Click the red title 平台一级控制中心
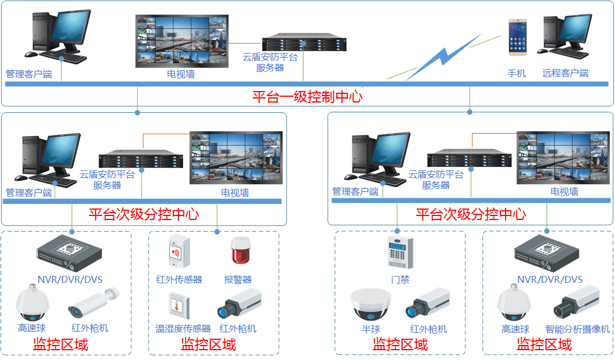[x=307, y=96]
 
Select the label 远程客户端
[x=565, y=73]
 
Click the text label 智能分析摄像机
[x=578, y=329]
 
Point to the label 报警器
[x=238, y=280]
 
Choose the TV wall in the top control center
[x=181, y=41]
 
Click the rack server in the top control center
[x=303, y=44]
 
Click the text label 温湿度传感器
[x=183, y=329]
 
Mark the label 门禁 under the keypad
[x=400, y=279]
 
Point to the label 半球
[x=371, y=329]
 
